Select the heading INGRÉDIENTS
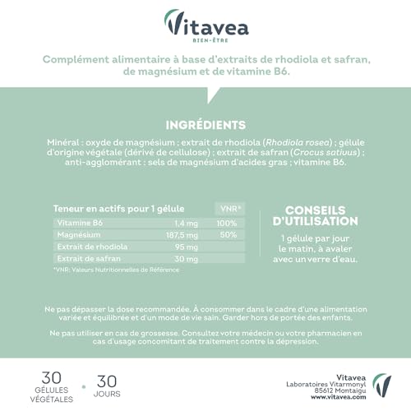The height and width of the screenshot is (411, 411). pyautogui.click(x=205, y=125)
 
